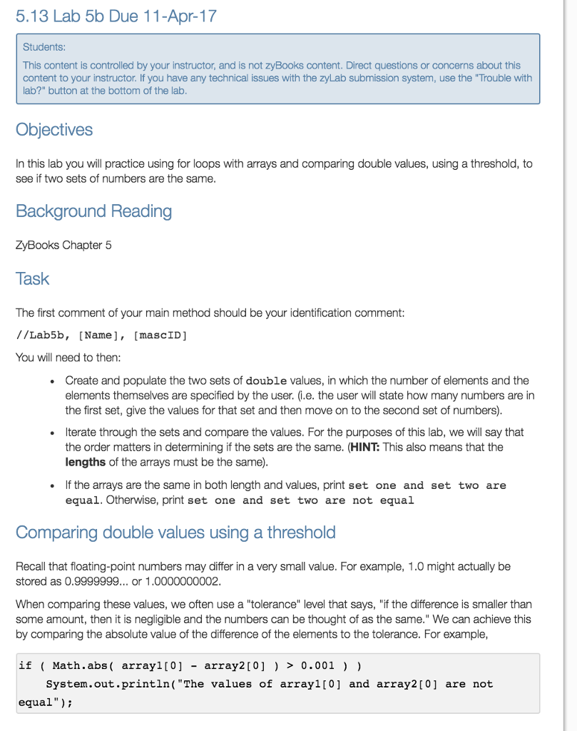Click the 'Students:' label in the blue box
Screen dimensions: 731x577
coord(44,47)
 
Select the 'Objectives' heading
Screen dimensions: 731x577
coord(54,129)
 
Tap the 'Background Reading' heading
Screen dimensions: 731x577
coord(93,211)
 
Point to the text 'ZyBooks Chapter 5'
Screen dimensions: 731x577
coord(63,245)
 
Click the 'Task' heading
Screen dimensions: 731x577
coord(32,278)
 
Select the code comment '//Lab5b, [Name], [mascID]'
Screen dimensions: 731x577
coord(101,335)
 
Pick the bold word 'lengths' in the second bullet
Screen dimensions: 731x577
coord(86,462)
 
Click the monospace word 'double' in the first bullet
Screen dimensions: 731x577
coord(266,380)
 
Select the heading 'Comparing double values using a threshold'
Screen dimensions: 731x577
coord(175,533)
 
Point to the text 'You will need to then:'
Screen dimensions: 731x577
coord(68,357)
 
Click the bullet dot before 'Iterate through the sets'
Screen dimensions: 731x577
coord(54,433)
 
